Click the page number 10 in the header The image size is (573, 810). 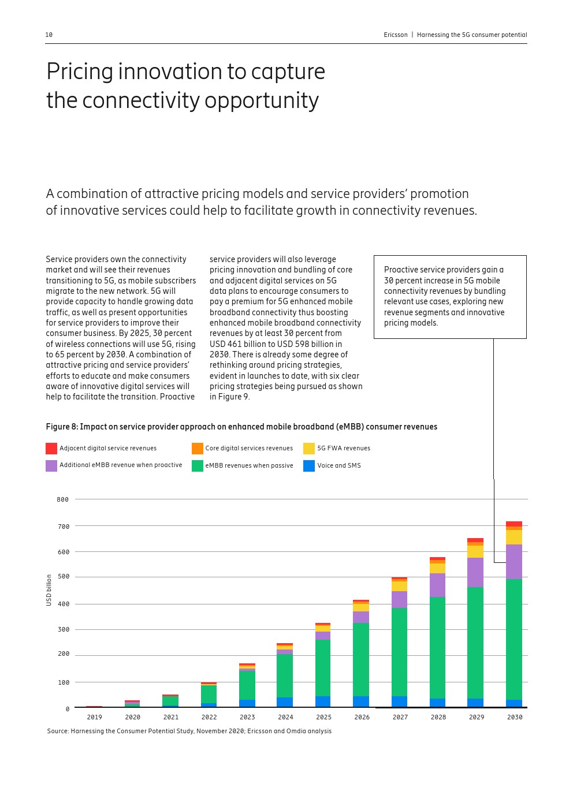(49, 35)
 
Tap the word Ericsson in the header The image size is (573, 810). (396, 35)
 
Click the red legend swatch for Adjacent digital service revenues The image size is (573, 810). (51, 449)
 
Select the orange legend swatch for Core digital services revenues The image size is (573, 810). (198, 449)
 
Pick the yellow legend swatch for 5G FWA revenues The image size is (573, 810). (309, 449)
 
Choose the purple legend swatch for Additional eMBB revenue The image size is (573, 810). (51, 465)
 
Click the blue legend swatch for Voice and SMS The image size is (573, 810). (309, 465)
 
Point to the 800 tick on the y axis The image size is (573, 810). (62, 499)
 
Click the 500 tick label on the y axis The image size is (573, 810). (63, 577)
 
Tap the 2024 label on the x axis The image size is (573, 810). (285, 717)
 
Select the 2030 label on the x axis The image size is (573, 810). (515, 717)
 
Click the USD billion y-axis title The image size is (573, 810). (49, 590)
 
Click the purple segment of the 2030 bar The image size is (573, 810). (514, 561)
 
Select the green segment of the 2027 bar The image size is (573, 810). (399, 652)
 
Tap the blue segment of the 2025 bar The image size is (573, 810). (323, 701)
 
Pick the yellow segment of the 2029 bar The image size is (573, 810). (475, 551)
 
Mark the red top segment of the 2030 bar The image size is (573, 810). (514, 524)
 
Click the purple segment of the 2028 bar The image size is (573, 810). (437, 585)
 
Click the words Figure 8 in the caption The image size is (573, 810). (61, 427)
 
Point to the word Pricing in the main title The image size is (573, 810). (80, 72)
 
